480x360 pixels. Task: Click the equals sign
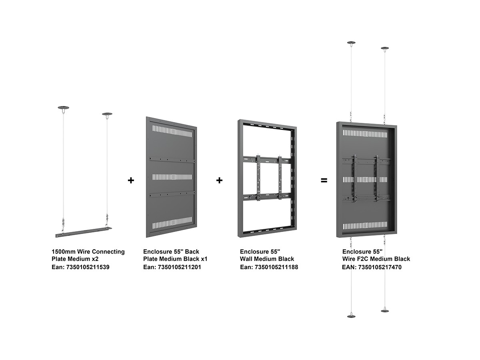pyautogui.click(x=324, y=180)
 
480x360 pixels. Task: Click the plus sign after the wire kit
pyautogui.click(x=131, y=180)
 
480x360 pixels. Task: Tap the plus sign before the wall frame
pyautogui.click(x=219, y=180)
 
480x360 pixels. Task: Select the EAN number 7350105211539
pyautogui.click(x=88, y=267)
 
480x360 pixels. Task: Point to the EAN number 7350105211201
pyautogui.click(x=179, y=267)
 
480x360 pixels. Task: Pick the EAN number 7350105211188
pyautogui.click(x=276, y=267)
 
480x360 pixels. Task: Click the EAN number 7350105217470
pyautogui.click(x=380, y=267)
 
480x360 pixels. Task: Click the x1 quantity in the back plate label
pyautogui.click(x=204, y=259)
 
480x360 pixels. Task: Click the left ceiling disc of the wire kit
pyautogui.click(x=64, y=108)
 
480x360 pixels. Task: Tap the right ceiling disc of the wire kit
pyautogui.click(x=107, y=114)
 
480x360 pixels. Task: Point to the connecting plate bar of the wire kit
pyautogui.click(x=84, y=232)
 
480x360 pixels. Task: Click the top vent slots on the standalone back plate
pyautogui.click(x=172, y=131)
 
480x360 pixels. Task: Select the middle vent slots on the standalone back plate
pyautogui.click(x=172, y=177)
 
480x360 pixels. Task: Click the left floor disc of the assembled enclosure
pyautogui.click(x=351, y=316)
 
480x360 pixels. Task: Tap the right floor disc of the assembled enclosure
pyautogui.click(x=385, y=311)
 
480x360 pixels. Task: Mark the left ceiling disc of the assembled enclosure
pyautogui.click(x=351, y=43)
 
